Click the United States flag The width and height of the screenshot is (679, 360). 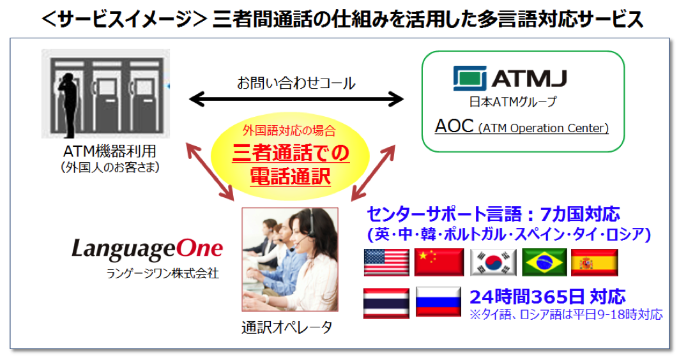tap(386, 262)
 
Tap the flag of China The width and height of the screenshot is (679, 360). tap(439, 262)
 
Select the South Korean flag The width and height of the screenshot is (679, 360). tap(493, 262)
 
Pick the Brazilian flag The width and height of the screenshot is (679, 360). tap(544, 262)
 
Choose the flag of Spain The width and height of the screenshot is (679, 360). tap(595, 262)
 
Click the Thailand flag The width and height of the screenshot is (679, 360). tap(386, 303)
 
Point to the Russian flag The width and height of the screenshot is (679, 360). tap(438, 301)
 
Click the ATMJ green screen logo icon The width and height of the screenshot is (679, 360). tap(470, 79)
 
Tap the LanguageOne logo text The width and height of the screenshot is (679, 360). tap(147, 250)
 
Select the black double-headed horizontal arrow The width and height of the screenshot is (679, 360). tap(296, 99)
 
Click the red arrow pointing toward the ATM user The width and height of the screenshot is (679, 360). tap(210, 172)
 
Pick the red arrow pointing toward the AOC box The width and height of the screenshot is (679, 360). tap(373, 172)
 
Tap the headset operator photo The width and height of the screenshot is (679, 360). tap(290, 259)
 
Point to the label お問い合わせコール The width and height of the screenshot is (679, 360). tap(296, 82)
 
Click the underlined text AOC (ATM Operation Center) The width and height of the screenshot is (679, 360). tap(522, 126)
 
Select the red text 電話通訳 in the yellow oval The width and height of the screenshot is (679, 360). tap(291, 177)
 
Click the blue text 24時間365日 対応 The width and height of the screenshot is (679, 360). tap(547, 297)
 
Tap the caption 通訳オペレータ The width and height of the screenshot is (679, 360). tap(287, 327)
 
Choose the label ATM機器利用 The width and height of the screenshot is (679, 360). tap(110, 151)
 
